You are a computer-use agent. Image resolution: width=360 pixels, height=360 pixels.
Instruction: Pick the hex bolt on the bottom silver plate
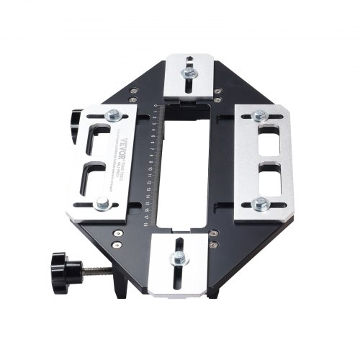pos(174,261)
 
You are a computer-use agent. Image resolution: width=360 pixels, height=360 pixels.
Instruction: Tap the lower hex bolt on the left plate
pos(103,206)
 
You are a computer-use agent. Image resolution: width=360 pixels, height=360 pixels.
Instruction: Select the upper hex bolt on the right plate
pos(259,115)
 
